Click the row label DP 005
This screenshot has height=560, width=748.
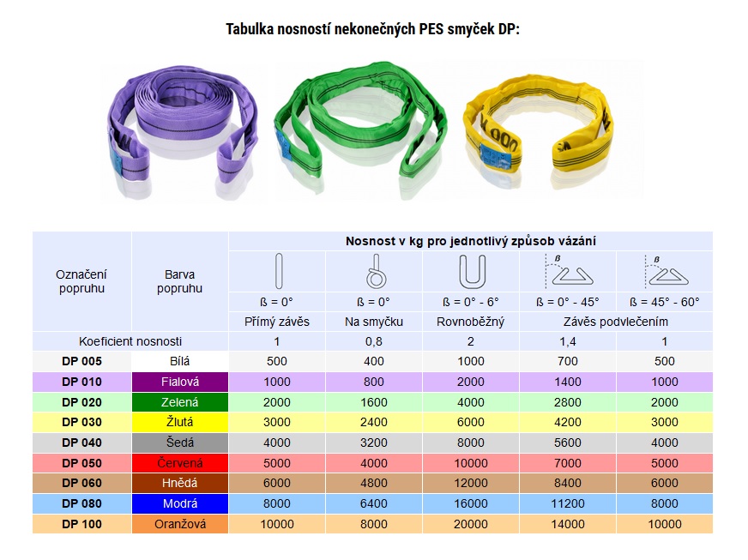click(x=82, y=361)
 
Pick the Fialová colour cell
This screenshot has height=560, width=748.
click(x=180, y=382)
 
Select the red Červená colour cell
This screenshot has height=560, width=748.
click(x=180, y=463)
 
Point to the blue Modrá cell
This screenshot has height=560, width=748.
click(x=180, y=503)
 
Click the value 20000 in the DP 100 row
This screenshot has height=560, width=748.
click(x=471, y=524)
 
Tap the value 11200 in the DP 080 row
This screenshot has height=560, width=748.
click(x=567, y=503)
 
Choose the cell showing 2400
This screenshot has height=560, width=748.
click(x=374, y=422)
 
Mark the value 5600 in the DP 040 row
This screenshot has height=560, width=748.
click(x=567, y=443)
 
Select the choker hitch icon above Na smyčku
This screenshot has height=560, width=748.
click(x=373, y=272)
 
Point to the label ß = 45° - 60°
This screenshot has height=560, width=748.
click(x=664, y=302)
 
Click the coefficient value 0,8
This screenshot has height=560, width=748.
click(x=374, y=341)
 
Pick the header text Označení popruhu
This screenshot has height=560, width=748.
click(x=82, y=281)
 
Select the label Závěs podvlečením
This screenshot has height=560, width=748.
click(x=615, y=322)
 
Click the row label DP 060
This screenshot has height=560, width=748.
click(x=82, y=484)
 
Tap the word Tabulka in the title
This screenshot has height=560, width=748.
click(x=254, y=29)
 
